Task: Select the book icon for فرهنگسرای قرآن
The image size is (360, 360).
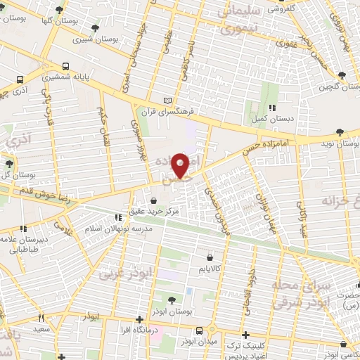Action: click(x=166, y=101)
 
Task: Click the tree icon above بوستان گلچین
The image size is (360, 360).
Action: click(x=342, y=75)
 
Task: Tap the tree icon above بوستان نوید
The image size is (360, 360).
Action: click(x=340, y=131)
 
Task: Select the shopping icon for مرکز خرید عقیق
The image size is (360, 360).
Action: click(x=153, y=200)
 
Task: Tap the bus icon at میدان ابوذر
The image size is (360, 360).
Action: click(x=200, y=330)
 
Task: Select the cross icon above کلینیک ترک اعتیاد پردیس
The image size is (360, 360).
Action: click(x=245, y=335)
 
